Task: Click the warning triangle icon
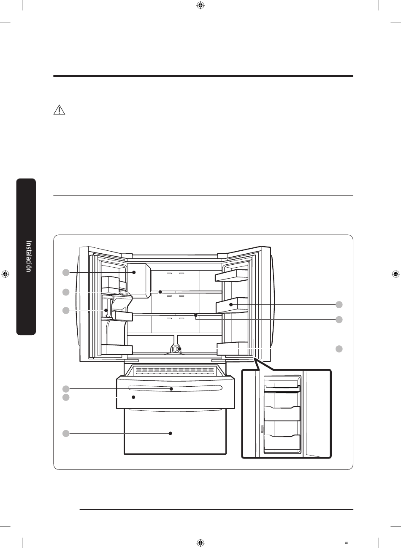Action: (59, 110)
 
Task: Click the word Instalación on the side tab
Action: (29, 256)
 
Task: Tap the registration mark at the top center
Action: (200, 5)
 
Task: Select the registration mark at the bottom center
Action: (200, 543)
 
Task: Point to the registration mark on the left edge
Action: (5, 274)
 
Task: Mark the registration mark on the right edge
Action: (396, 274)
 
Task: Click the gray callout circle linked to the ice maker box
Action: (66, 272)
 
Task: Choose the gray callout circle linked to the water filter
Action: (339, 349)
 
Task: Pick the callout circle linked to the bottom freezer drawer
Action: (66, 433)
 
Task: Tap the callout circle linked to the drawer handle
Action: (66, 389)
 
